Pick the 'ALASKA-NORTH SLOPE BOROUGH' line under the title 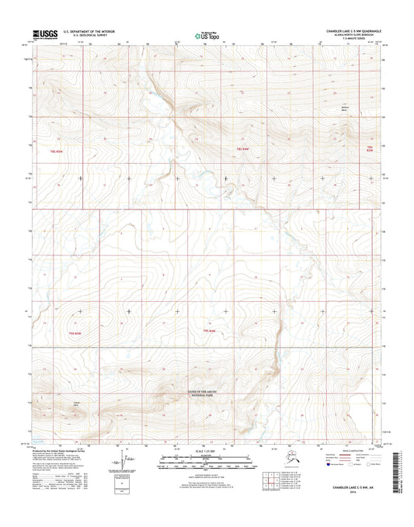click(x=357, y=36)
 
